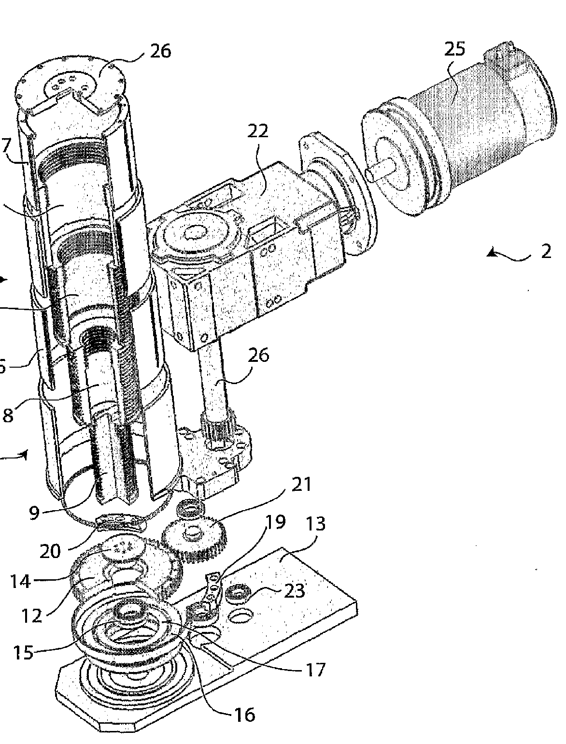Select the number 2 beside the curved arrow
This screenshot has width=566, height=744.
[546, 251]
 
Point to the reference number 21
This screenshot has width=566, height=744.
[302, 484]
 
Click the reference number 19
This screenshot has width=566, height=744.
[275, 522]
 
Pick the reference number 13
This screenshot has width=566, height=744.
[315, 524]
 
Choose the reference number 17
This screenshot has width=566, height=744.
[314, 670]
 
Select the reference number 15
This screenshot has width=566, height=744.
[23, 652]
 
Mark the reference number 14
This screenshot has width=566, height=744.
[20, 582]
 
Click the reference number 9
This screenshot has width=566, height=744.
[34, 512]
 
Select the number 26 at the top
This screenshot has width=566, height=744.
[160, 51]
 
